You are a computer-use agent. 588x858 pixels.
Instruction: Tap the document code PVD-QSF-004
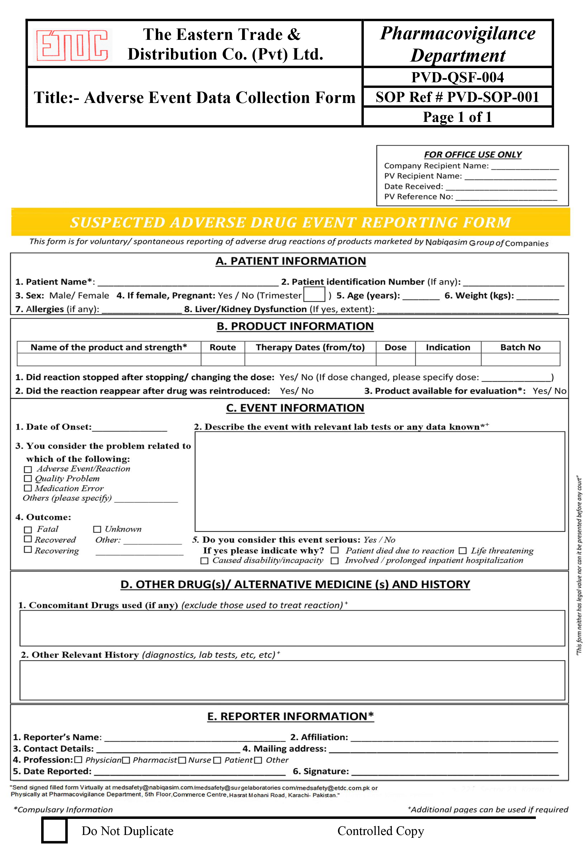(457, 77)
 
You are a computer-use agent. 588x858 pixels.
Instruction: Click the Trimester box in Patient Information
(314, 295)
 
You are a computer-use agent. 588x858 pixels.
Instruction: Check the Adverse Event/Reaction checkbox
(28, 469)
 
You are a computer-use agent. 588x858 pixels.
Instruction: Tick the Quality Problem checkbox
(28, 478)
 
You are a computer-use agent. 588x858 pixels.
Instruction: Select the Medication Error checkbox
(28, 488)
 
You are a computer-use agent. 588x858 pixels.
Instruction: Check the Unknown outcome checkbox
(97, 529)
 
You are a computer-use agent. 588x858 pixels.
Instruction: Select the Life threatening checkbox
(462, 551)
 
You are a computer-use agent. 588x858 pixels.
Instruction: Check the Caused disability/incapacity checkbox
(204, 561)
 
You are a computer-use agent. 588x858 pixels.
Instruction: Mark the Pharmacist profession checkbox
(126, 760)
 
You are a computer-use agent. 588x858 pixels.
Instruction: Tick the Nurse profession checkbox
(182, 760)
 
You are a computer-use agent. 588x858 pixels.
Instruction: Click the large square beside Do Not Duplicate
(54, 830)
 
